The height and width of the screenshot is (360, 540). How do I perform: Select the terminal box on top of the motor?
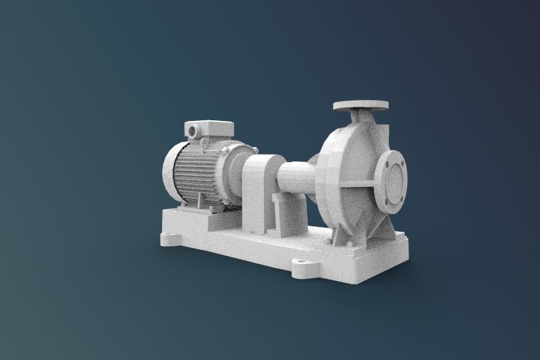pyautogui.click(x=210, y=130)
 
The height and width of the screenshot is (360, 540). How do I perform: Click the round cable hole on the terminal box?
pyautogui.click(x=194, y=127)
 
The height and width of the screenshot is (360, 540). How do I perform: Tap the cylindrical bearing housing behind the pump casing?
pyautogui.click(x=297, y=177)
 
